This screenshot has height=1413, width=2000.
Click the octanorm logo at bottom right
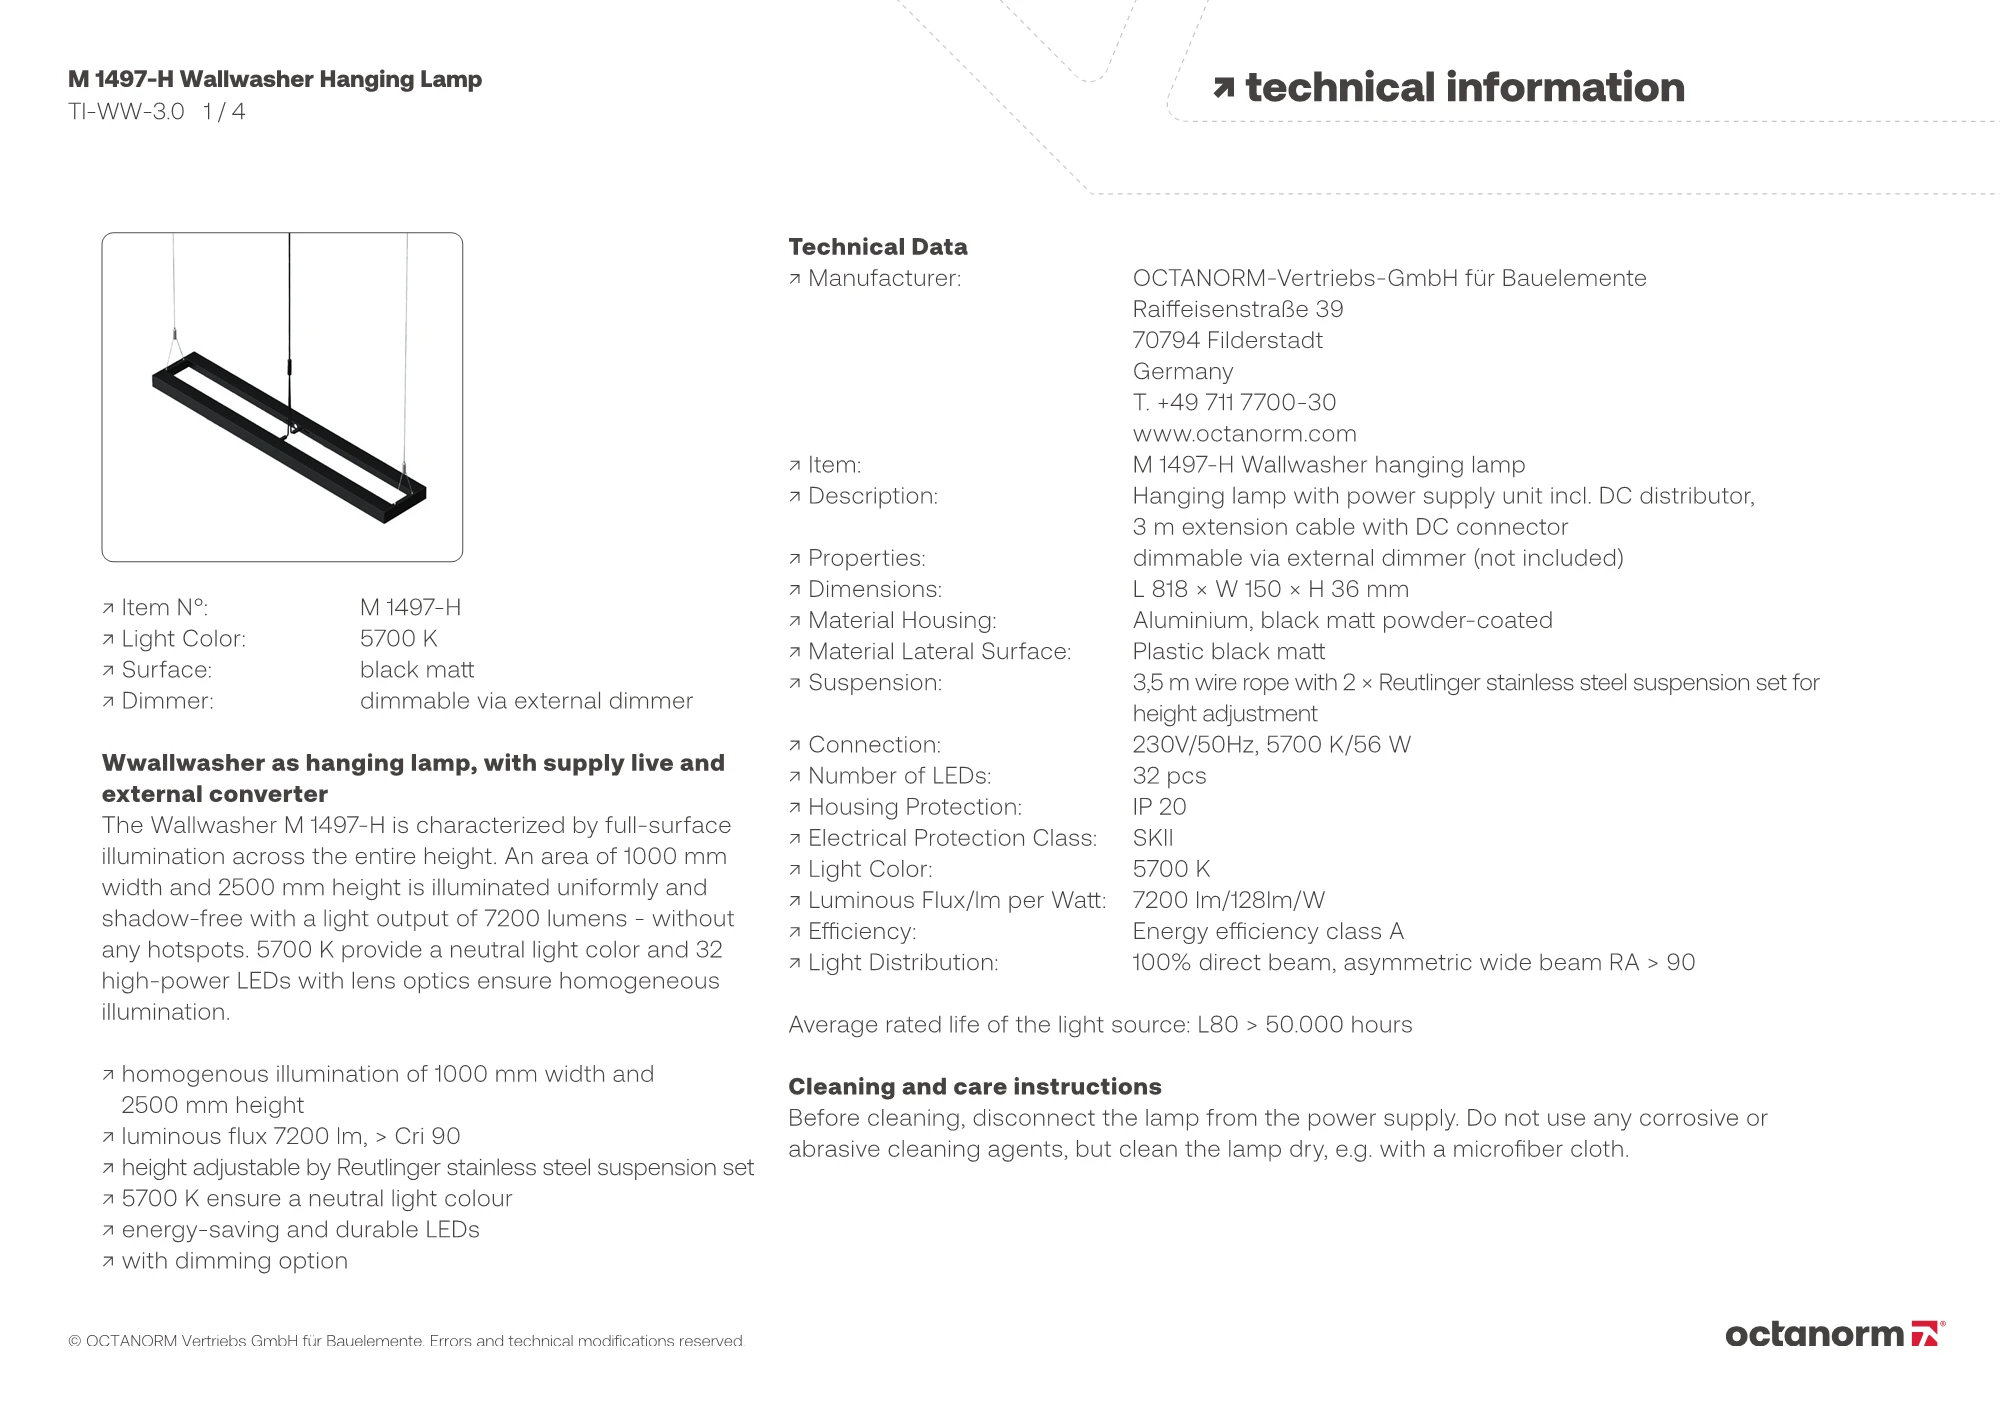click(x=1834, y=1334)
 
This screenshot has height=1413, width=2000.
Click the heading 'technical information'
click(x=1464, y=88)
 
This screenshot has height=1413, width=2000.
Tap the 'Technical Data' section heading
click(x=877, y=247)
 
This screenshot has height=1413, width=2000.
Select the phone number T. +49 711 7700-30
click(x=1234, y=402)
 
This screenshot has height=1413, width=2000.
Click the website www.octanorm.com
click(x=1244, y=433)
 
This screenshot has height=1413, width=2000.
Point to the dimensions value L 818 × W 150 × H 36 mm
click(x=1270, y=589)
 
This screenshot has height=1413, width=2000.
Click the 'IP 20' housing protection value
click(x=1159, y=807)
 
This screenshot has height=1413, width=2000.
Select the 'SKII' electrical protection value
click(x=1152, y=838)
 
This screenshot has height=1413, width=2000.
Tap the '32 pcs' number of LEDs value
click(x=1169, y=776)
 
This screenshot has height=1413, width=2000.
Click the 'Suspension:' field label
click(x=874, y=683)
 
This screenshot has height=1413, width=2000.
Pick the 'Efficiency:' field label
click(x=861, y=932)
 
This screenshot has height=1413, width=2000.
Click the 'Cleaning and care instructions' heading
click(x=974, y=1087)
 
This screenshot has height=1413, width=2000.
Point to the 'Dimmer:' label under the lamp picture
click(x=167, y=701)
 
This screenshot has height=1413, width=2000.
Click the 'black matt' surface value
click(x=416, y=670)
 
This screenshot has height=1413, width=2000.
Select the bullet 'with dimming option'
click(x=234, y=1261)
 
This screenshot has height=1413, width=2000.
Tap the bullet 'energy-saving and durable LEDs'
click(x=300, y=1230)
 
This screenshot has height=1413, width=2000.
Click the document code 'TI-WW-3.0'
click(x=126, y=112)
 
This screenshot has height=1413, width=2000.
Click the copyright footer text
click(x=406, y=1341)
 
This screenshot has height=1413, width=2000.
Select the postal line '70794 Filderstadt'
click(x=1227, y=340)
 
